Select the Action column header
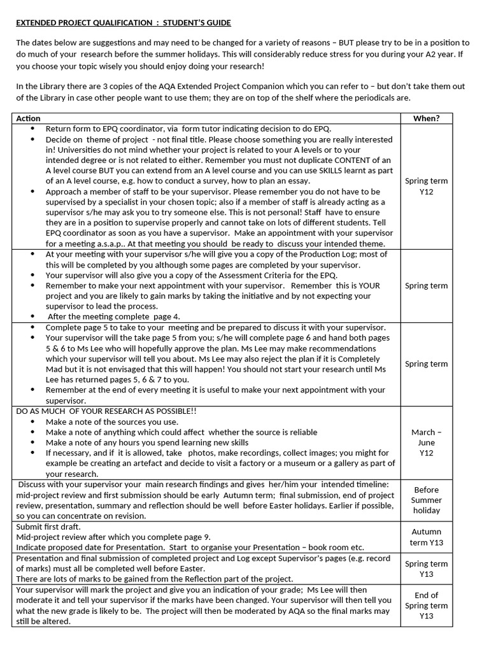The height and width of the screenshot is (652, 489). point(28,118)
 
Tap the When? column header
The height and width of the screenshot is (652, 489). point(426,118)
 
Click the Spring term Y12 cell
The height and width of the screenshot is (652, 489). point(426,186)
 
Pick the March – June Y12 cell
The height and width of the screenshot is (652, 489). point(426,443)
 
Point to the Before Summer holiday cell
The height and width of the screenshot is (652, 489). point(426,500)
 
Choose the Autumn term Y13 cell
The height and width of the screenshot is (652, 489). point(426,537)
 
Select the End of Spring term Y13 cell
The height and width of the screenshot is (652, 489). point(426,606)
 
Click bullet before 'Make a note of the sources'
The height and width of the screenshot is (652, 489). point(32,422)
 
